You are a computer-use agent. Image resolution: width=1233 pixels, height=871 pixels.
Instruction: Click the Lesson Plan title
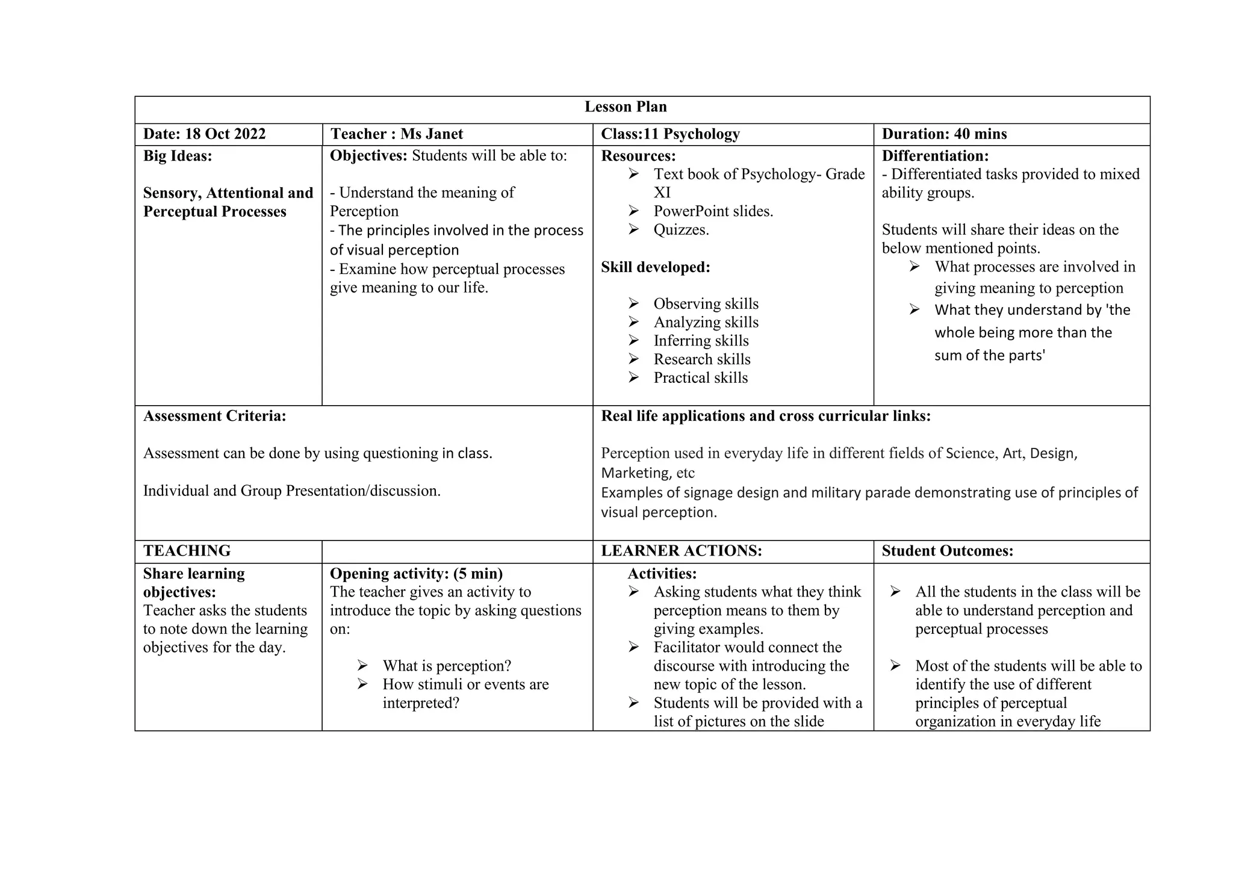[626, 107]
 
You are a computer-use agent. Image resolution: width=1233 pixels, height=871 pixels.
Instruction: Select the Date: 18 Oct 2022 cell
[204, 134]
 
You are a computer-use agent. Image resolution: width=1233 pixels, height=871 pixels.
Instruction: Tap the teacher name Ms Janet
[432, 134]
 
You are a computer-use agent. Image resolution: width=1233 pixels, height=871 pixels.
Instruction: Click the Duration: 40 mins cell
[944, 134]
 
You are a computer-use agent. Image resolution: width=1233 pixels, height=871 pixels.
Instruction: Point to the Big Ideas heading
[178, 156]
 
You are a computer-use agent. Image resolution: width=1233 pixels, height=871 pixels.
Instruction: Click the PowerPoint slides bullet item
[713, 211]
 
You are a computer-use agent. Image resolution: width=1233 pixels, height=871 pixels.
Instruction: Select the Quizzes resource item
[681, 230]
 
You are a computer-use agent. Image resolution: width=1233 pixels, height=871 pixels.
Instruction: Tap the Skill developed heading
[655, 267]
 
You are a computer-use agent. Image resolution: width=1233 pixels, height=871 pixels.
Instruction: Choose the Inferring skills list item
[701, 341]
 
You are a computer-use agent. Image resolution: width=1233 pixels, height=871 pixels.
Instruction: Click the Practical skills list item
[700, 378]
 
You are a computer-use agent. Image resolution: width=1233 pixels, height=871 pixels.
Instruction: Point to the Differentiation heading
[935, 156]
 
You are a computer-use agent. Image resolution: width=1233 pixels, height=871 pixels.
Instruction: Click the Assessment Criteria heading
[214, 417]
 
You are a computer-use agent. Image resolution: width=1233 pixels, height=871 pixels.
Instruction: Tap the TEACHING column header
[187, 551]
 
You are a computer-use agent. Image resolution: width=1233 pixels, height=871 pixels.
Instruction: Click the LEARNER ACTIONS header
[681, 551]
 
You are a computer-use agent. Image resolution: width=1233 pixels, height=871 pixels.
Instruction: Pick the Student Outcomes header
[947, 551]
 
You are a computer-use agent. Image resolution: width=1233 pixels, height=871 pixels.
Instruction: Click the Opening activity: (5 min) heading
[416, 574]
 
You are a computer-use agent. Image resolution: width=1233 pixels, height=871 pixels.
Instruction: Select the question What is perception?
[446, 666]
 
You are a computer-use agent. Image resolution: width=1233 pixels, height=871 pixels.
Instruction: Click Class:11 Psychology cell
[670, 134]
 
